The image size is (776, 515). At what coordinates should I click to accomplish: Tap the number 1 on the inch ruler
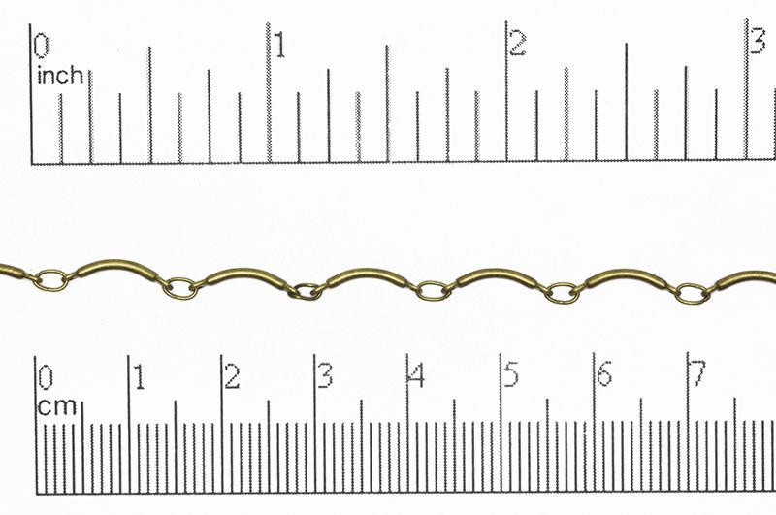(x=279, y=45)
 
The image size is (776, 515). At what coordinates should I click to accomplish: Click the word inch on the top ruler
(x=59, y=76)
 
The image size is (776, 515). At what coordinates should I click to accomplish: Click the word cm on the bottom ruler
(x=56, y=407)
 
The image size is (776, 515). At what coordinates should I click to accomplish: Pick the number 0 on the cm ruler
(x=45, y=377)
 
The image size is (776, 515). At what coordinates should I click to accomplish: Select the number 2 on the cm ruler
(x=232, y=376)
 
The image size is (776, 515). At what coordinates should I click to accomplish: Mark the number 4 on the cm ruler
(x=417, y=375)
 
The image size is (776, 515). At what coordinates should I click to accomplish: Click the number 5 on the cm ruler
(x=510, y=375)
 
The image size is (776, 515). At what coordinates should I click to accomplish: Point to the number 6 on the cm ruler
(x=603, y=374)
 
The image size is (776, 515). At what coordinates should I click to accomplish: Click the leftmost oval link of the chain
(x=51, y=280)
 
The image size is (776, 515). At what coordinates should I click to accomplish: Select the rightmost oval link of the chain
(x=691, y=293)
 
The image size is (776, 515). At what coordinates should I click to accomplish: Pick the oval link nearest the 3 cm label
(x=307, y=290)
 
